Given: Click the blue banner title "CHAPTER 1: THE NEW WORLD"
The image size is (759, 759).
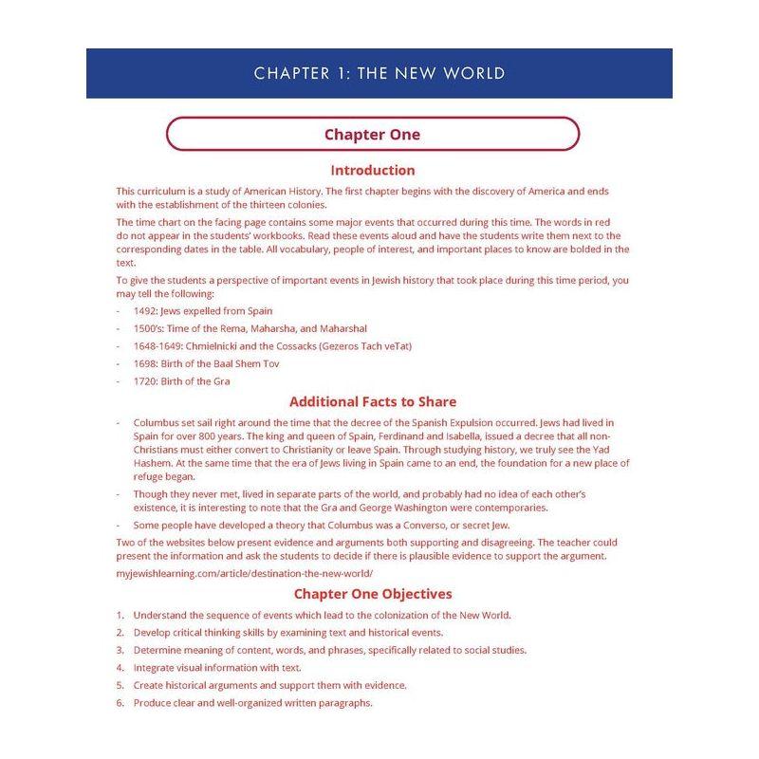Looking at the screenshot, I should tap(379, 73).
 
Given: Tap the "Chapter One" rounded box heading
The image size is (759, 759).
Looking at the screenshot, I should tap(372, 134).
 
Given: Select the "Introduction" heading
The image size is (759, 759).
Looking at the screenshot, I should tap(372, 171).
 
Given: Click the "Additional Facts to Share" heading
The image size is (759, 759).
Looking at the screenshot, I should tap(372, 401).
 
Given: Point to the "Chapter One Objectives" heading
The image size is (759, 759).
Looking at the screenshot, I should tap(372, 594).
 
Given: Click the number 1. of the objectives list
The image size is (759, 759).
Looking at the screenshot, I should tap(121, 615).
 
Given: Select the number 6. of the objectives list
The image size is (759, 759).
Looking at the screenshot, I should tap(121, 703).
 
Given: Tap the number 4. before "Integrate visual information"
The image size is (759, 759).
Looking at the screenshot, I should tap(121, 668).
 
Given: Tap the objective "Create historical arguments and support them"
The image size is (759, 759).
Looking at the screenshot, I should tap(269, 685).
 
